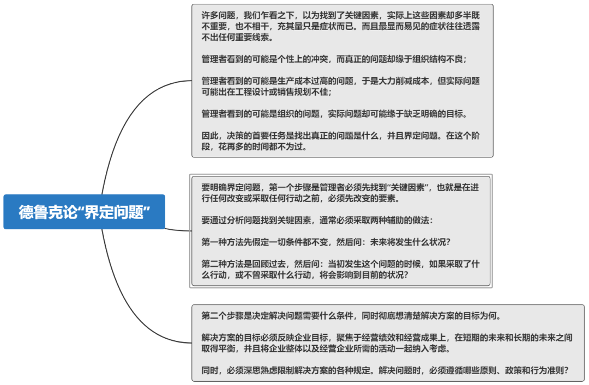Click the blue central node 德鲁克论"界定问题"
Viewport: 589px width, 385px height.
pos(84,212)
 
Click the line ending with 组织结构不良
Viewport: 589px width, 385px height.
pos(334,59)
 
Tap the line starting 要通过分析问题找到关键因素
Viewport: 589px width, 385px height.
pos(317,220)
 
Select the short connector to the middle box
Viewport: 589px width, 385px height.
pos(177,229)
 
